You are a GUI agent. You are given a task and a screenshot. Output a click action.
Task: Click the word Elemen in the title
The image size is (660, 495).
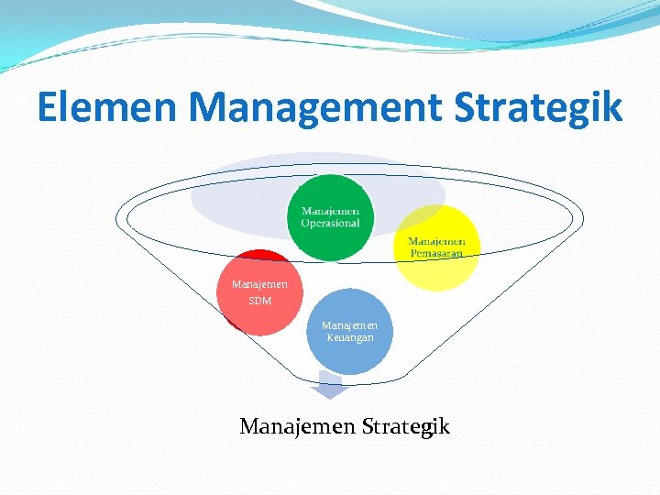click(x=109, y=108)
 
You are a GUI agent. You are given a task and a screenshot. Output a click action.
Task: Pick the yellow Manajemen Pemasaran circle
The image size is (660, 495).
click(x=437, y=247)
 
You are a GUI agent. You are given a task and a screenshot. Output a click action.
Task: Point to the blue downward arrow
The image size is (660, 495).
click(x=328, y=386)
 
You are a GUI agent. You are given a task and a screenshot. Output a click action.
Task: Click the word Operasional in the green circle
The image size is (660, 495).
click(x=331, y=223)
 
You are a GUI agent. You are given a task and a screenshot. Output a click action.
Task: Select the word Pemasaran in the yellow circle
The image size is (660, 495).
click(x=436, y=252)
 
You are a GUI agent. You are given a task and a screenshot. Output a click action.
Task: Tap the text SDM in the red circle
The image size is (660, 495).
click(x=260, y=301)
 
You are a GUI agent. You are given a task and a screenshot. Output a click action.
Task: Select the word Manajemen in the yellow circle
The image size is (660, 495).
click(x=437, y=241)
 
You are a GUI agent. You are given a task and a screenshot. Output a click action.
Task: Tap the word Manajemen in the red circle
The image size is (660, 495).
click(x=260, y=284)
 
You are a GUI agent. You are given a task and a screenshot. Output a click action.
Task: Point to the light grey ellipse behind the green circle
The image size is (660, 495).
click(x=238, y=188)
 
